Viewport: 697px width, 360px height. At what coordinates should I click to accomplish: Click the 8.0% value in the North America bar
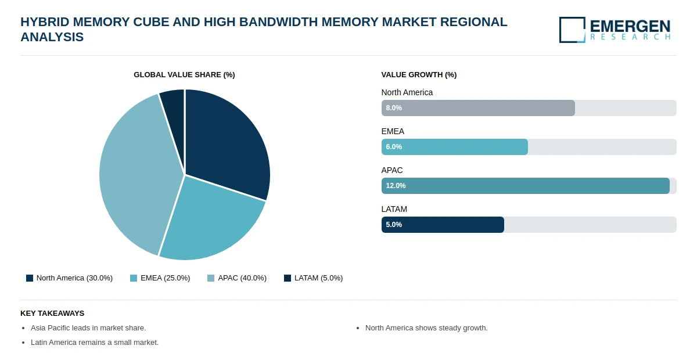[x=394, y=108]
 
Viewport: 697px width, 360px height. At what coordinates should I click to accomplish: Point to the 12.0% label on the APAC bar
[x=396, y=186]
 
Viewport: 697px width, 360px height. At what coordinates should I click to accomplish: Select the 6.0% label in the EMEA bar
[x=394, y=147]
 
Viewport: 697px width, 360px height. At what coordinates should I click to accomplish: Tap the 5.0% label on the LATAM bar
[x=394, y=225]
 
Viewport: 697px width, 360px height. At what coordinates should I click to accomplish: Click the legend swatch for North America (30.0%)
[x=30, y=278]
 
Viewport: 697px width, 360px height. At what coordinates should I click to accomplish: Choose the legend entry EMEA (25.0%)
[x=160, y=278]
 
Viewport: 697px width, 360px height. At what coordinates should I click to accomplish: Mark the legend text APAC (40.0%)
[x=242, y=278]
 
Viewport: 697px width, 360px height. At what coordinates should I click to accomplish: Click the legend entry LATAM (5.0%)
[x=313, y=278]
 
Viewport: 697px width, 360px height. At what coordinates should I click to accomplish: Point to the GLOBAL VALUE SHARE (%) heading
[x=184, y=75]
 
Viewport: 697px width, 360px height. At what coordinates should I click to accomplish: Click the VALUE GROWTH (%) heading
[x=419, y=75]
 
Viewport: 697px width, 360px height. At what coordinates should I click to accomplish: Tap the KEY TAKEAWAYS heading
[x=52, y=314]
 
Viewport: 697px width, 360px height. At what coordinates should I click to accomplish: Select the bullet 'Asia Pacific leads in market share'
[x=88, y=328]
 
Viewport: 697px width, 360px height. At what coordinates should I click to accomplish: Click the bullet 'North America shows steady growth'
[x=426, y=328]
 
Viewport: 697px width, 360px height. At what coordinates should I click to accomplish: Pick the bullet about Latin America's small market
[x=95, y=343]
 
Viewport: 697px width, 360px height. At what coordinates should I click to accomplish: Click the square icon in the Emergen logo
[x=572, y=30]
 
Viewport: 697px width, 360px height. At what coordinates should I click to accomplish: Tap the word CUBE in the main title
[x=151, y=22]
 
